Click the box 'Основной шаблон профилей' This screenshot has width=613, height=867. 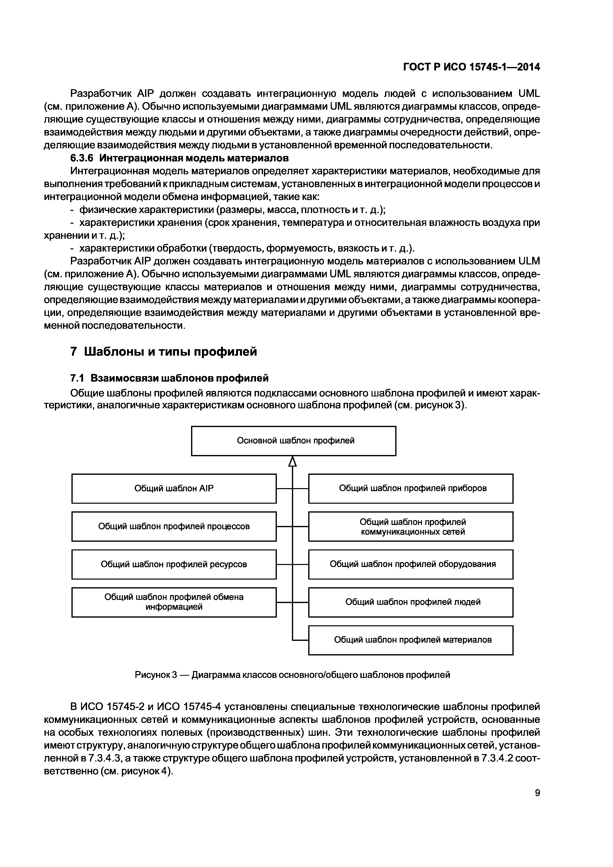pos(293,441)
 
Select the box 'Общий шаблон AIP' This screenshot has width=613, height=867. pos(174,488)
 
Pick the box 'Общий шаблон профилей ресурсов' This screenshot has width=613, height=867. pos(174,564)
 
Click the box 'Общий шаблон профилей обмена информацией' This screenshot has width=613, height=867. pos(174,602)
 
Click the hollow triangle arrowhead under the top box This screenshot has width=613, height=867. pos(292,461)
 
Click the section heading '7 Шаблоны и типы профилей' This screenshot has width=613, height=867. pos(164,351)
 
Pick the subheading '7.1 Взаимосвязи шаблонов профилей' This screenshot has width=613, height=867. pos(170,378)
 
